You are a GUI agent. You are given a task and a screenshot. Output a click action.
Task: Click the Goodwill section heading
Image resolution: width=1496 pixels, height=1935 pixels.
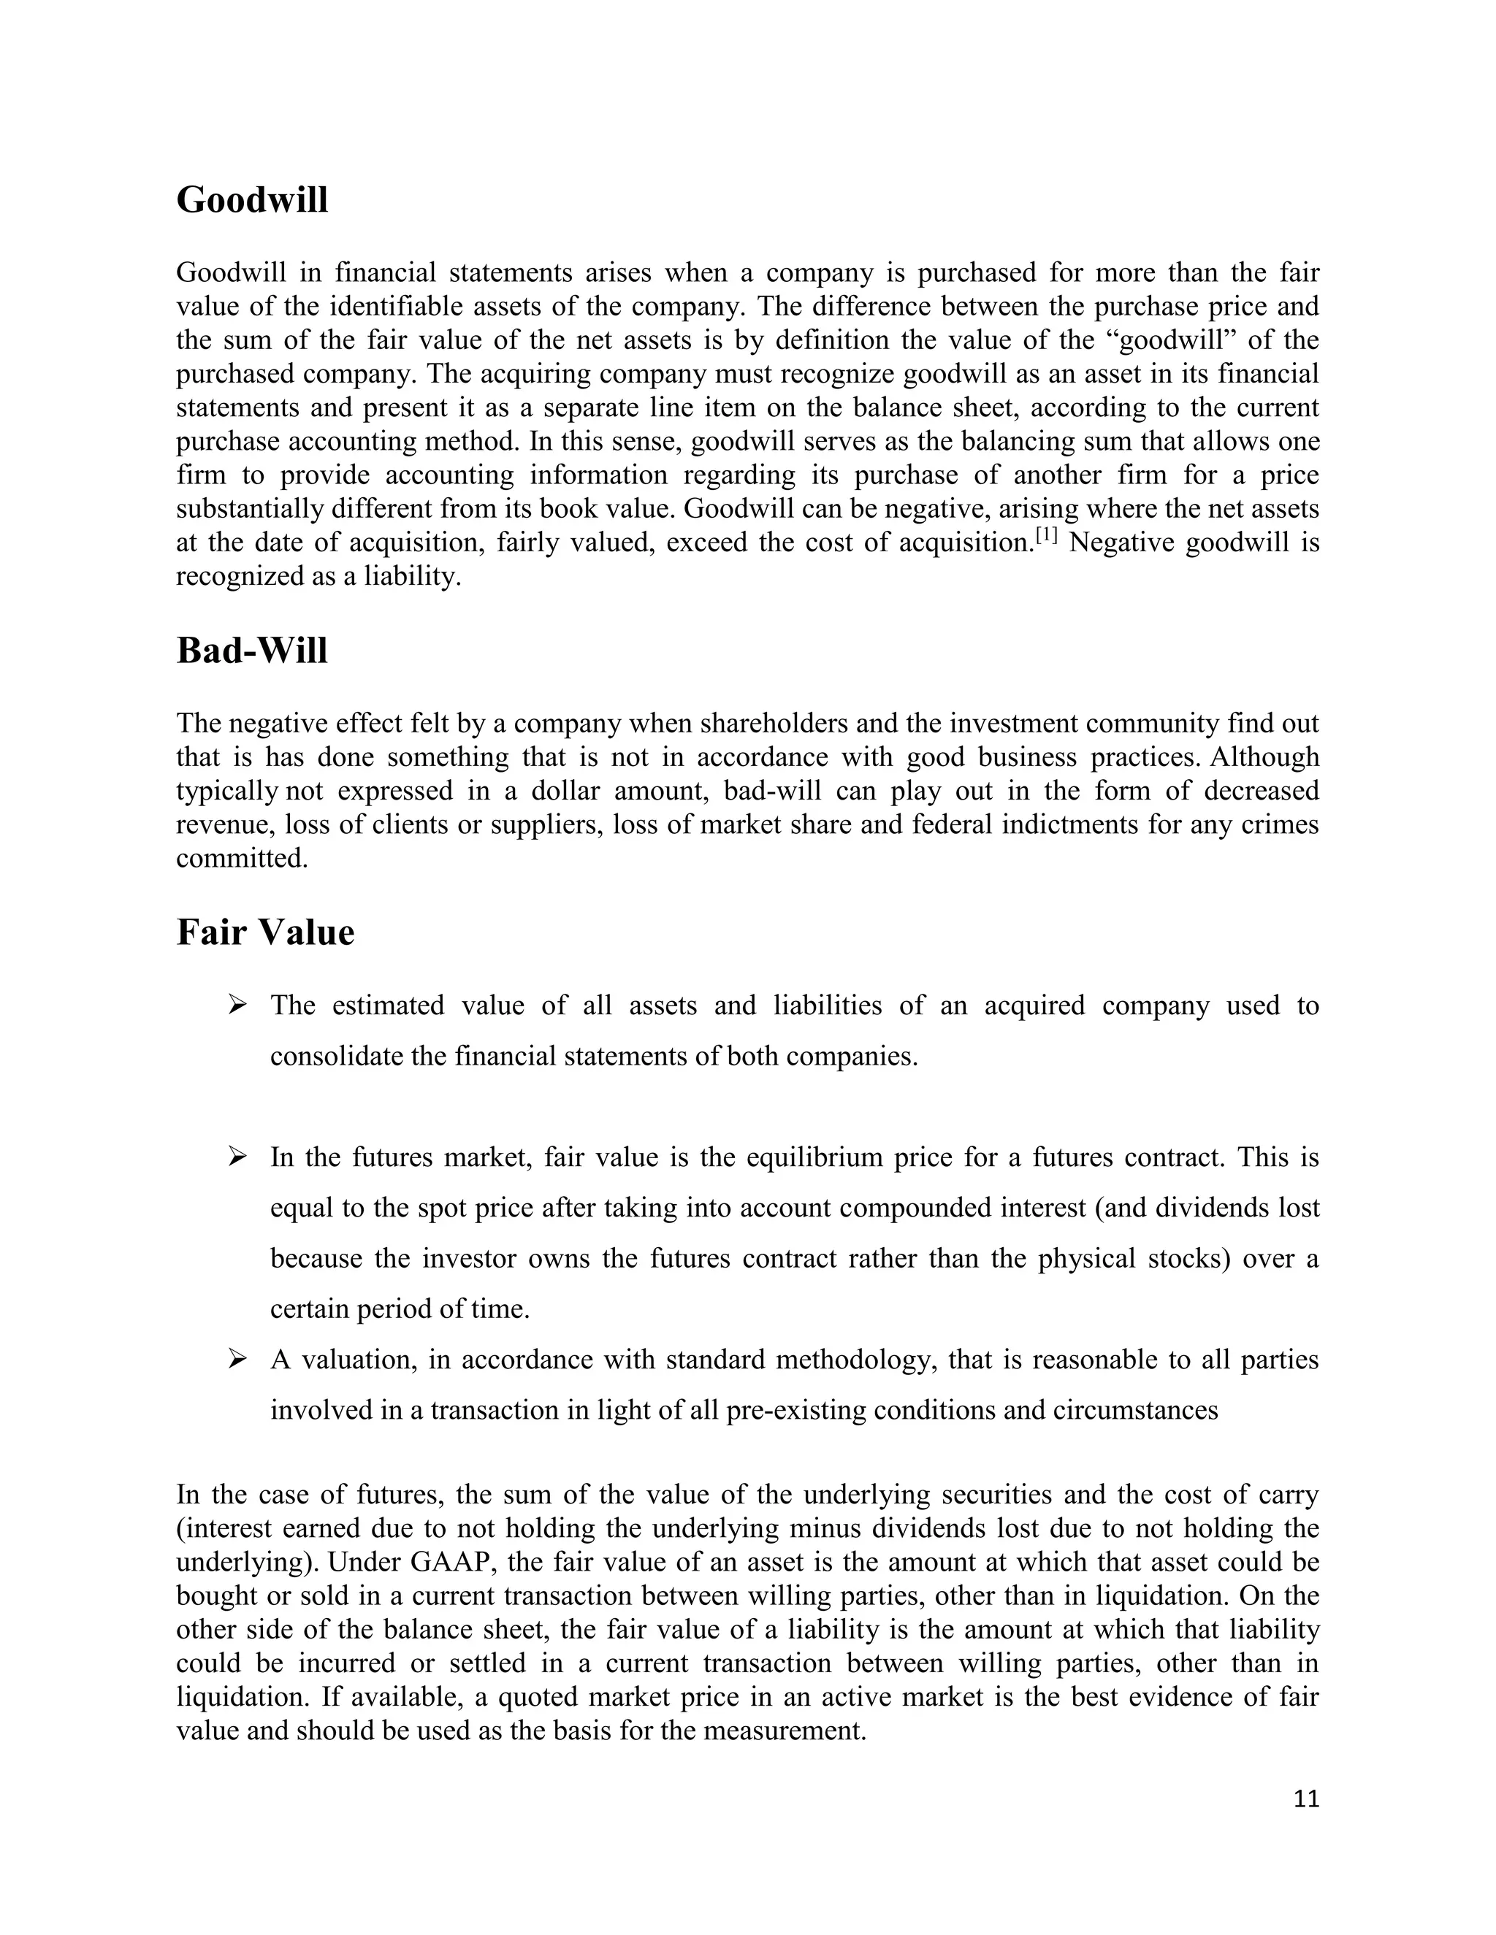252,200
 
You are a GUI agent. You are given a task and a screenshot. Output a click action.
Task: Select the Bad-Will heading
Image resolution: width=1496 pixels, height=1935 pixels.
252,651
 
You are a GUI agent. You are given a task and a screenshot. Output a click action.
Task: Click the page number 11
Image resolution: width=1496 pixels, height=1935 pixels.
1306,1798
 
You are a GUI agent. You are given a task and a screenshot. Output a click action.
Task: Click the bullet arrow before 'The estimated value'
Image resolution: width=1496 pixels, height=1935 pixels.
237,1005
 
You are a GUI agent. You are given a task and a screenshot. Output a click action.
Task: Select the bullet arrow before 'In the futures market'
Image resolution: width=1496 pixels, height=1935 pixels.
237,1156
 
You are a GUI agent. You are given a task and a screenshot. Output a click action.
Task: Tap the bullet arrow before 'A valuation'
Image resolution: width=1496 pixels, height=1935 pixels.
237,1358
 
